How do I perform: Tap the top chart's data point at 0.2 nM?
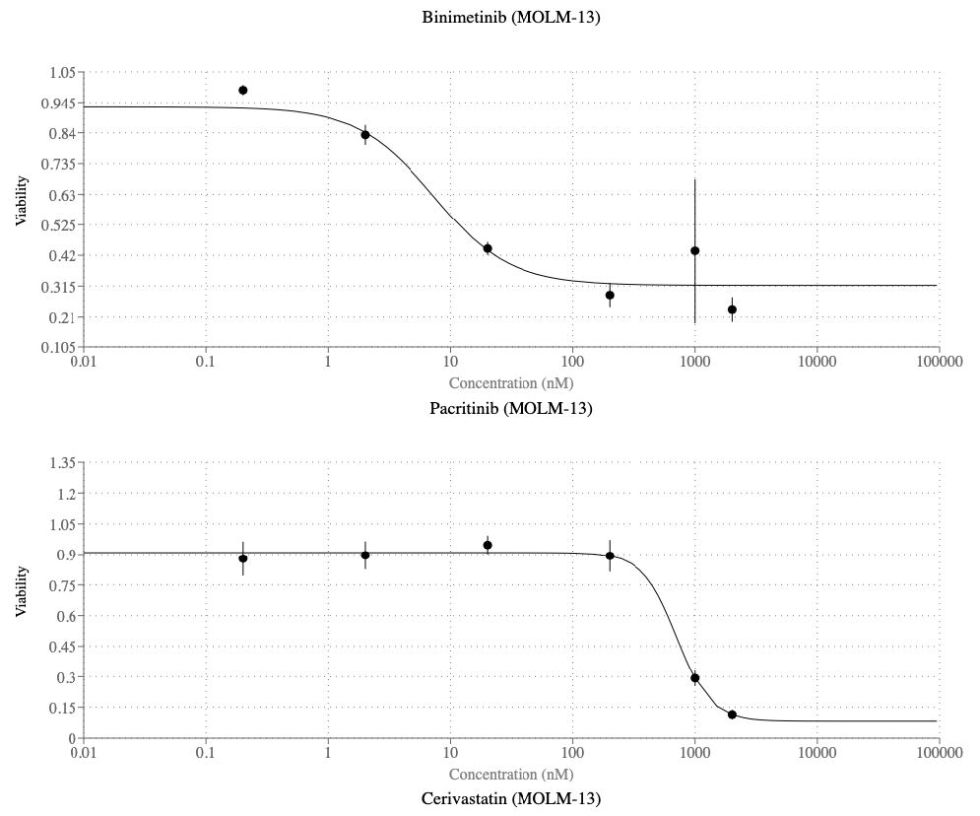click(243, 91)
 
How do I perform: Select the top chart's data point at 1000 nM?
click(695, 251)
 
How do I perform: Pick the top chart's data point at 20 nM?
click(488, 248)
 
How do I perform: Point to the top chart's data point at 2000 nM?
click(732, 309)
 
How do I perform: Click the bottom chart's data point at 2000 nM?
click(732, 714)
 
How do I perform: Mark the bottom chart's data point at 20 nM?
click(488, 545)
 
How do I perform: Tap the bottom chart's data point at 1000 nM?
click(695, 678)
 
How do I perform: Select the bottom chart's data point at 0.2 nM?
click(243, 559)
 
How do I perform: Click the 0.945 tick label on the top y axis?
click(59, 103)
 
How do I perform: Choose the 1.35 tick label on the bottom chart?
click(63, 462)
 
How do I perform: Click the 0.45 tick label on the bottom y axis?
click(63, 646)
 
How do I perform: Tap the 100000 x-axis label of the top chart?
click(939, 363)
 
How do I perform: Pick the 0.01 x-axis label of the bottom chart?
click(84, 753)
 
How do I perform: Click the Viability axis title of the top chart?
click(21, 201)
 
